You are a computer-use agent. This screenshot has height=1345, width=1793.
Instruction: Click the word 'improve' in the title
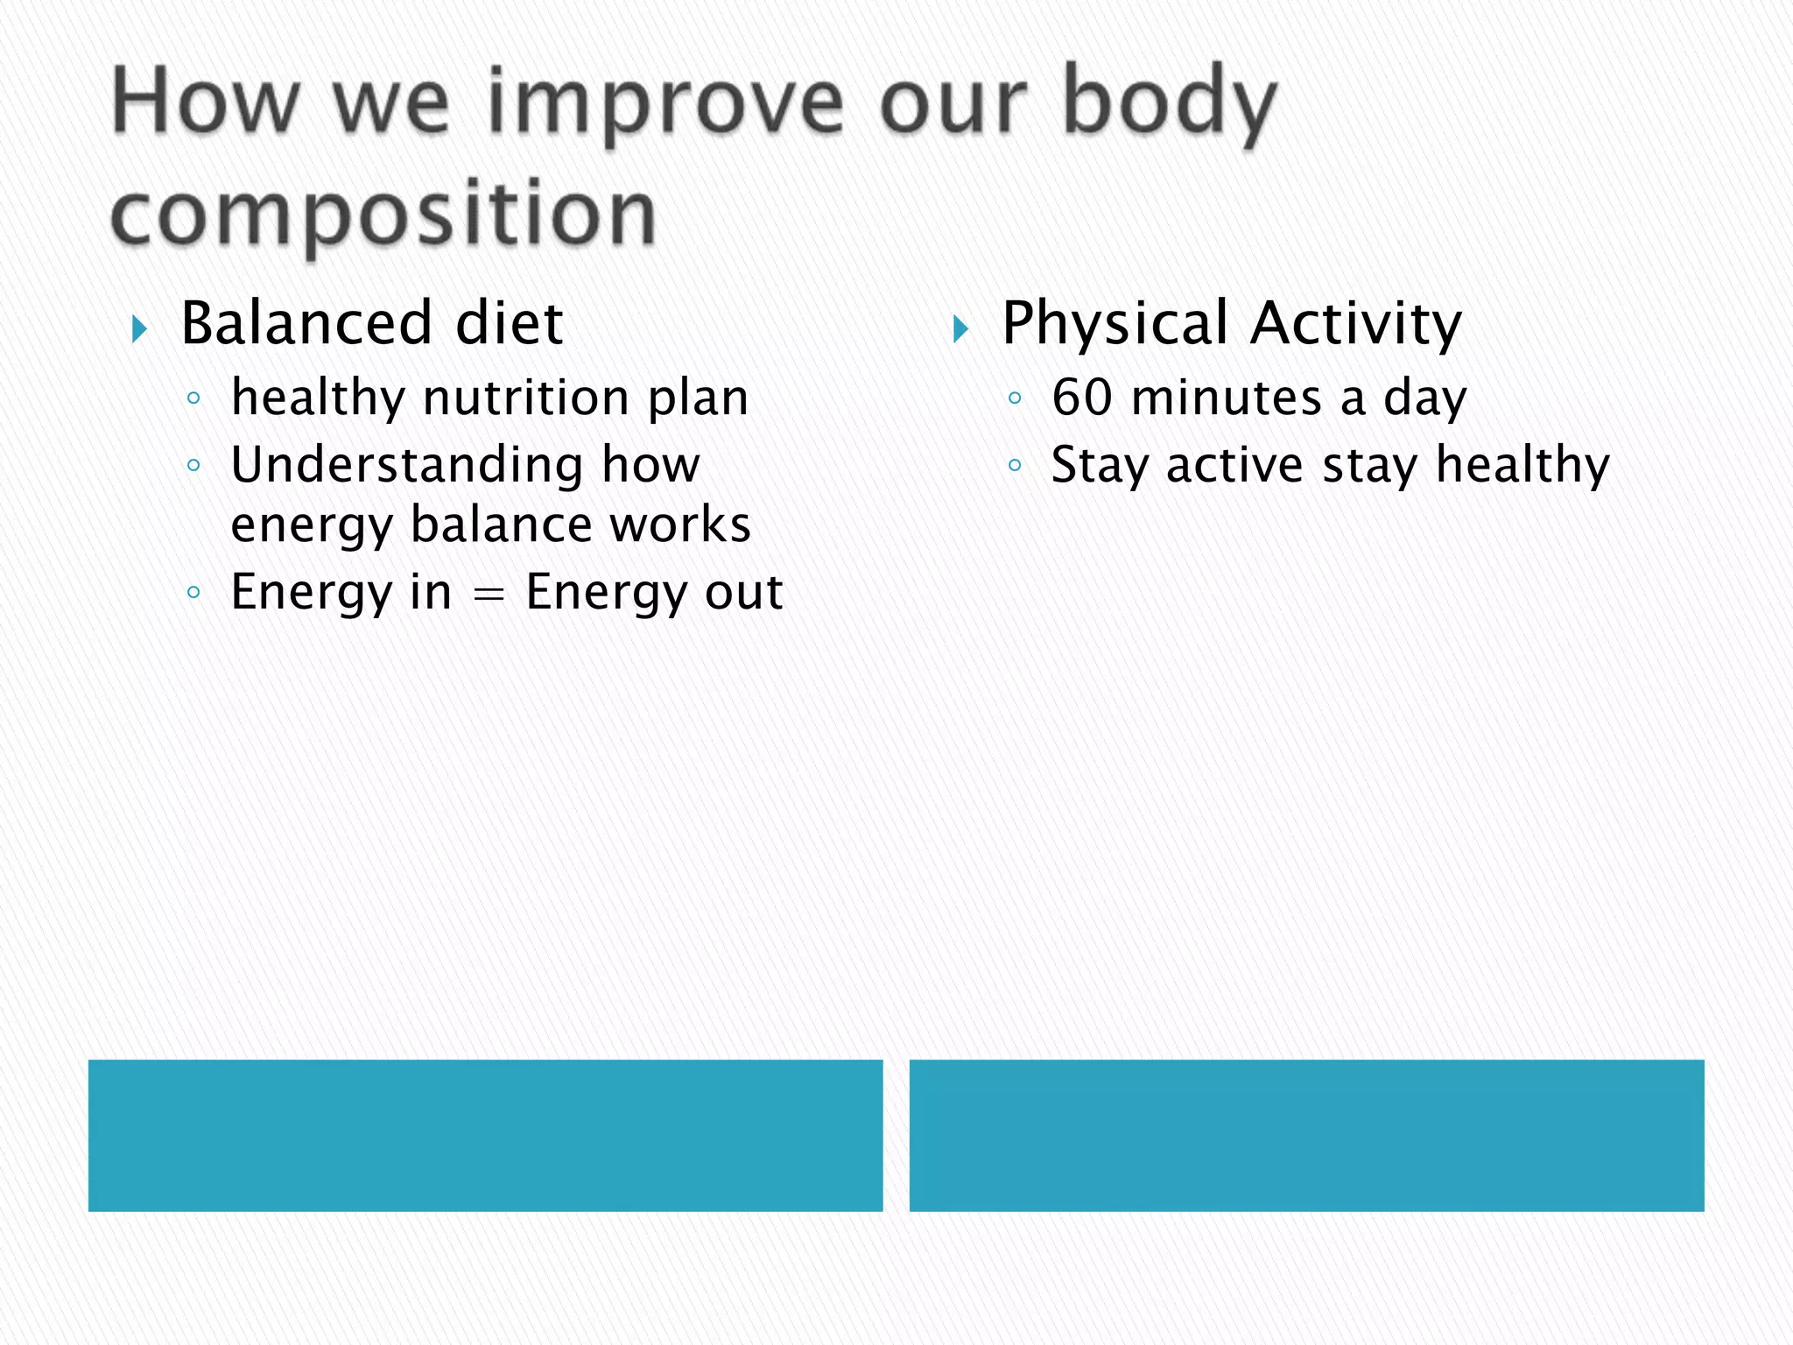(x=665, y=105)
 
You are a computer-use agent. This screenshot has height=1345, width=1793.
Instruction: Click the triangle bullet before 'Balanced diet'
(x=139, y=329)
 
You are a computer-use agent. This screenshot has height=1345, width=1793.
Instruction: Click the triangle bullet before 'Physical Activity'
(x=960, y=329)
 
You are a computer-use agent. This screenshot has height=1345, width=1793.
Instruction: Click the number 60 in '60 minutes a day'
(x=1082, y=398)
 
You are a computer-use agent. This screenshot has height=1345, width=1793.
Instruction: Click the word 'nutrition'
(x=526, y=398)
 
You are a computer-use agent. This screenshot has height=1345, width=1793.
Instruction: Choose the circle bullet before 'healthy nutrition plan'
(x=194, y=399)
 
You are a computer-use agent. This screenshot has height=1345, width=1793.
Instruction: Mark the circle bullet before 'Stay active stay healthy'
(x=1015, y=466)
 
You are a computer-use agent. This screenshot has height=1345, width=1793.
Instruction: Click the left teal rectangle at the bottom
(x=485, y=1135)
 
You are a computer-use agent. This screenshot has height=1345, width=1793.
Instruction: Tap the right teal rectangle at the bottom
(x=1306, y=1135)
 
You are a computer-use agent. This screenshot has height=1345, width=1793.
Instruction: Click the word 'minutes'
(x=1226, y=398)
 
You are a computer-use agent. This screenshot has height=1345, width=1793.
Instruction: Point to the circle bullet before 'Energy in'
(x=194, y=593)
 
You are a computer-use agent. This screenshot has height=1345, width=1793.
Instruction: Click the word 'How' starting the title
(x=206, y=105)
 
